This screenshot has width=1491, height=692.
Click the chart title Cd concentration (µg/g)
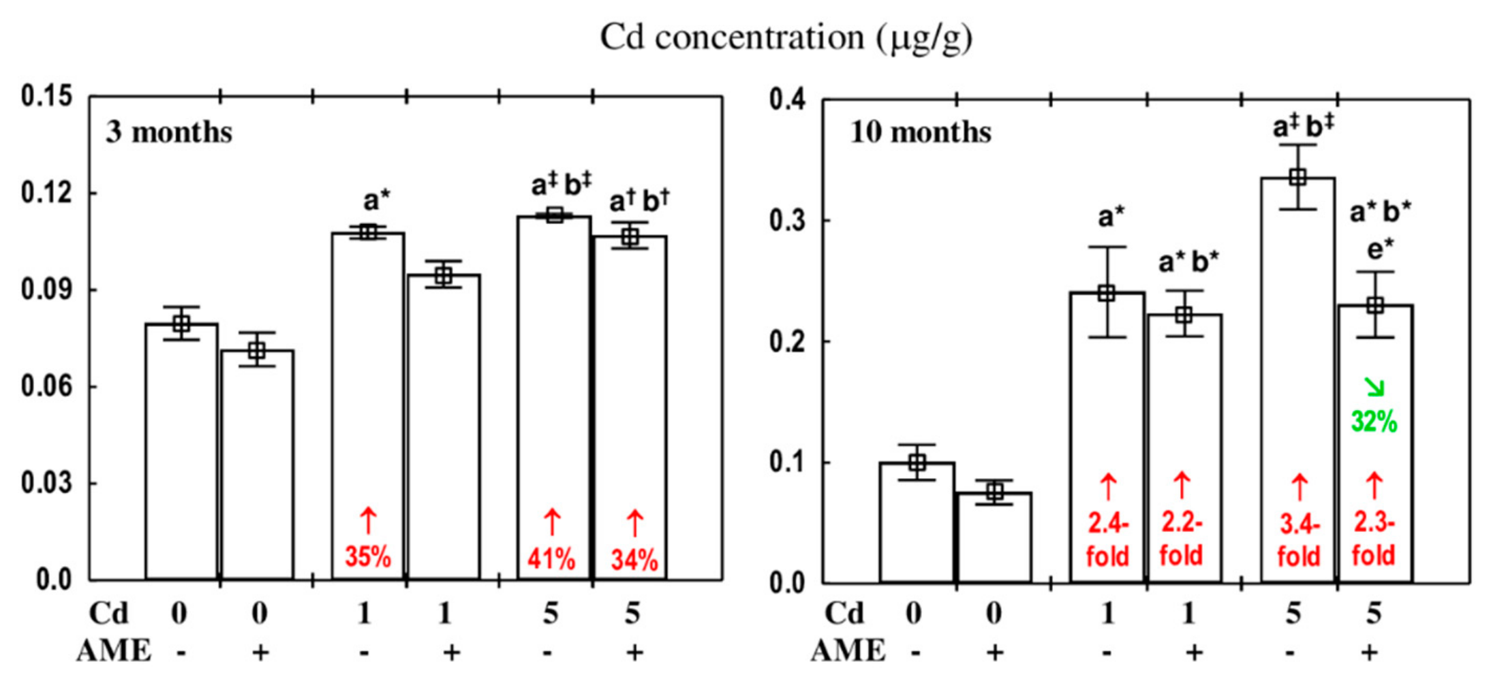point(786,37)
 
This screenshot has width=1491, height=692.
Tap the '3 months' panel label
point(168,132)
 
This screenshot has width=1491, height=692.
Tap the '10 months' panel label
point(920,132)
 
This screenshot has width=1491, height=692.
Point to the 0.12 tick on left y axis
point(46,193)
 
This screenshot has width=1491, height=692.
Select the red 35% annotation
point(368,557)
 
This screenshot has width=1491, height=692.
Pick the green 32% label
point(1374,422)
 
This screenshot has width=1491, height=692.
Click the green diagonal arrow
point(1374,387)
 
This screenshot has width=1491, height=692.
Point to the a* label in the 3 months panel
point(376,201)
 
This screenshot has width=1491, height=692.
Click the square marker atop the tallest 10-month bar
point(1297,177)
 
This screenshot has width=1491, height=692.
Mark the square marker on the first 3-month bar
point(181,324)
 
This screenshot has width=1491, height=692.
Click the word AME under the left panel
point(113,651)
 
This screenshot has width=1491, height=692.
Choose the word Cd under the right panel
point(844,614)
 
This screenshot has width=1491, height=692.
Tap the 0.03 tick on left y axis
point(46,483)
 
